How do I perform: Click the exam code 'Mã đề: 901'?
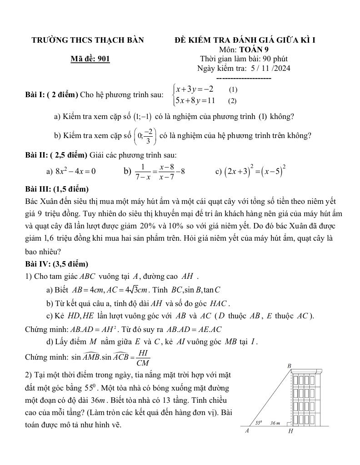click(90, 59)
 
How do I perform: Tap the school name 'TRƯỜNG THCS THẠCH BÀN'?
click(88, 40)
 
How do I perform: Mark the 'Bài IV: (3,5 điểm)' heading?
click(57, 264)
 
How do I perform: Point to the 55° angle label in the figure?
click(259, 422)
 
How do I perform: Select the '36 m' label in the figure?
click(275, 423)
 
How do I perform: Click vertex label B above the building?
click(289, 366)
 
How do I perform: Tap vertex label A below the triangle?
click(247, 431)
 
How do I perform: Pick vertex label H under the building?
click(290, 431)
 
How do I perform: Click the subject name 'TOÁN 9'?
click(256, 49)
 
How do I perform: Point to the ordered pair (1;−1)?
click(143, 117)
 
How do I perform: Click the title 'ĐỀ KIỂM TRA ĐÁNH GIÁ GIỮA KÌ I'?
click(245, 40)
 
